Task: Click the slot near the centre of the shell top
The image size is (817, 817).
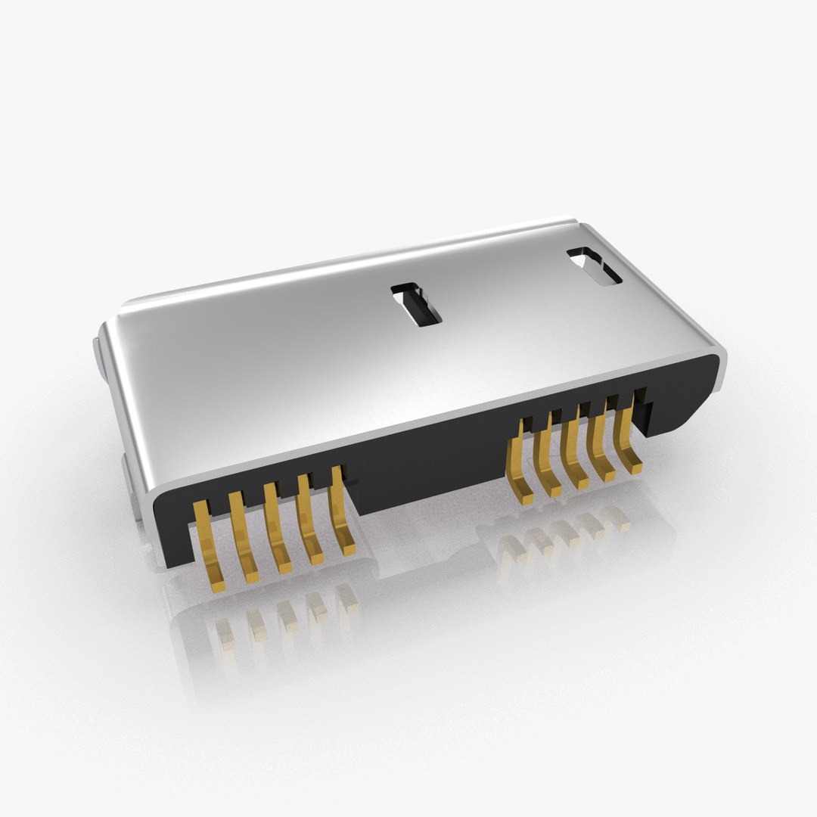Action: tap(415, 305)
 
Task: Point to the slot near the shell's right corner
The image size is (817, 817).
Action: tap(595, 266)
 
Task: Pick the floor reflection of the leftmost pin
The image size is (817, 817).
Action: tap(225, 634)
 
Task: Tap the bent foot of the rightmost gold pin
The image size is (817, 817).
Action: tap(633, 468)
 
